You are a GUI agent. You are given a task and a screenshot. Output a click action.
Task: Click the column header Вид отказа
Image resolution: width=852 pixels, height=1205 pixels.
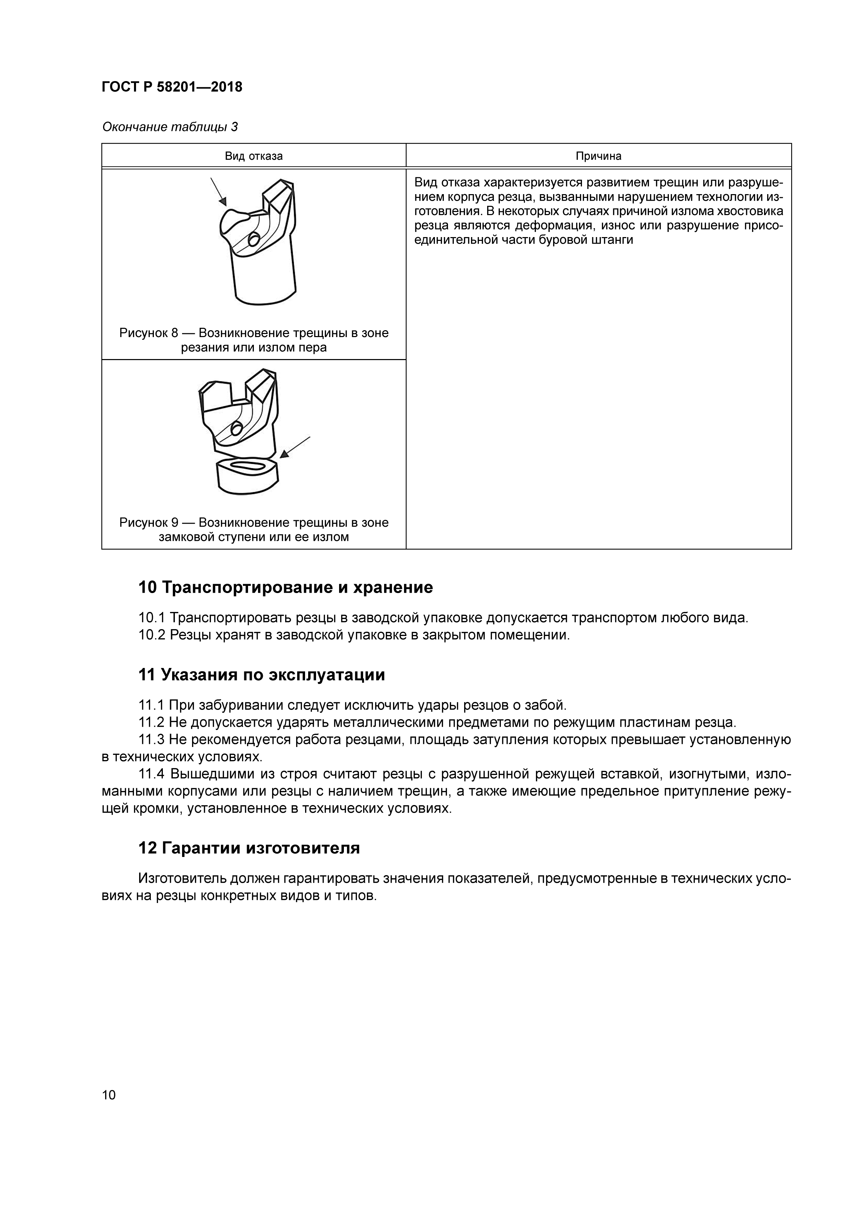pyautogui.click(x=254, y=156)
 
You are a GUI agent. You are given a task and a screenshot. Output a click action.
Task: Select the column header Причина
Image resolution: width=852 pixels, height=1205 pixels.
pyautogui.click(x=598, y=156)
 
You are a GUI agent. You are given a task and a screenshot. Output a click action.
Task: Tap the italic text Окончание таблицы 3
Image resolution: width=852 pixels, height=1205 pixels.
pyautogui.click(x=169, y=127)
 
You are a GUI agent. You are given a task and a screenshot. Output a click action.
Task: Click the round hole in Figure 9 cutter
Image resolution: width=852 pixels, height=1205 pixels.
pyautogui.click(x=236, y=429)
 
